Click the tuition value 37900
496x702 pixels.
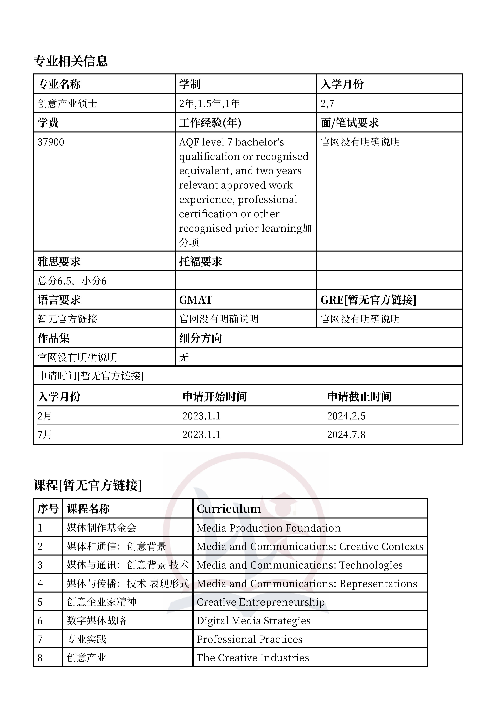(x=51, y=142)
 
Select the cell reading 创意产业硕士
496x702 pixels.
(x=67, y=104)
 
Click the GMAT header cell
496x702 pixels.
(x=196, y=300)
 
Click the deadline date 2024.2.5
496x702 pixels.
(x=346, y=416)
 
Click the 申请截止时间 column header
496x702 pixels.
(x=359, y=397)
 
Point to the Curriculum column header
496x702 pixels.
(x=229, y=509)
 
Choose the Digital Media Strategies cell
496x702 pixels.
(x=253, y=621)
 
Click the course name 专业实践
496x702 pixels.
(x=86, y=639)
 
